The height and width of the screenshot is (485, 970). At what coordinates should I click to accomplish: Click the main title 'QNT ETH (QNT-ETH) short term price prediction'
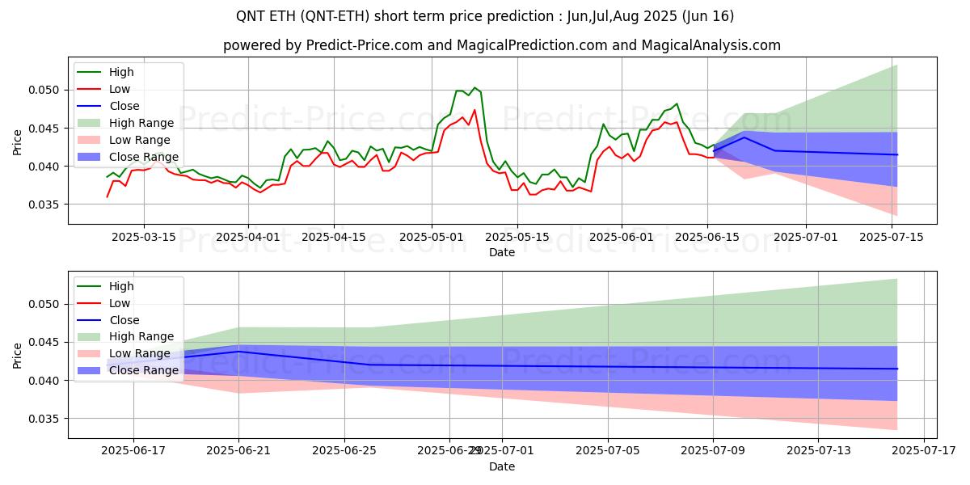click(x=485, y=16)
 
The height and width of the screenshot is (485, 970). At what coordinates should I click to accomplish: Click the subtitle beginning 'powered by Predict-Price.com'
click(x=502, y=45)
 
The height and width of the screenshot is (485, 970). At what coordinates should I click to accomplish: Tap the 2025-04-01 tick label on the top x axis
click(x=247, y=237)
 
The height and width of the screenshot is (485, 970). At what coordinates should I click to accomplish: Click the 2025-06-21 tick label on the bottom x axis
click(x=239, y=450)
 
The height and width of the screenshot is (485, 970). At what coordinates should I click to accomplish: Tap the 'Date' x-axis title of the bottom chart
click(x=501, y=466)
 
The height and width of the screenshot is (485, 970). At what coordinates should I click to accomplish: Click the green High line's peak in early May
click(x=474, y=87)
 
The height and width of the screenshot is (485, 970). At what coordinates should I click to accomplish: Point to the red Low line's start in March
click(x=108, y=196)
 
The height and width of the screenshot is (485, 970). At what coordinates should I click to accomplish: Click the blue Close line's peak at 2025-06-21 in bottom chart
click(x=239, y=352)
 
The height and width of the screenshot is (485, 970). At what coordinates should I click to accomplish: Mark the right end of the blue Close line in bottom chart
click(x=897, y=369)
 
